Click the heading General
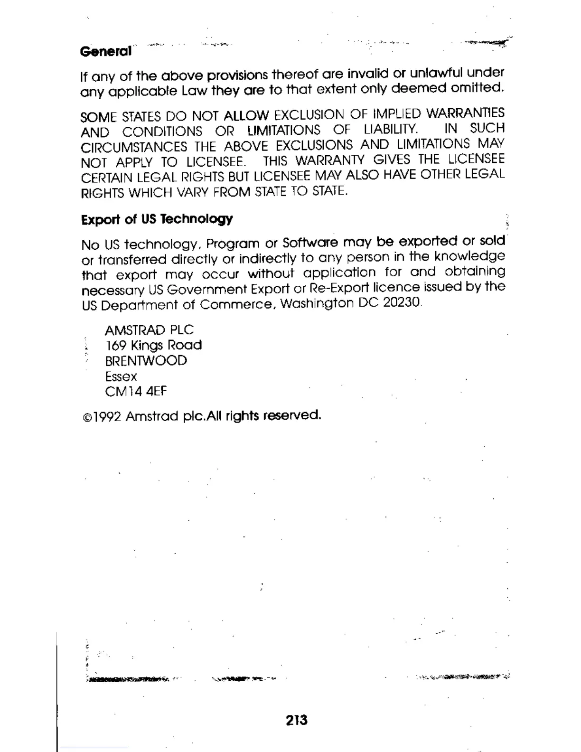coord(105,51)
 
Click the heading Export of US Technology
coord(157,219)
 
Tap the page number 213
coord(297,720)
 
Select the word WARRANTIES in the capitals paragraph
coord(465,113)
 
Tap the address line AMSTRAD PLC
coord(149,330)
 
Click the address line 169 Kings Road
coord(153,345)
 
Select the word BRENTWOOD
coord(146,361)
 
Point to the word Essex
coord(121,376)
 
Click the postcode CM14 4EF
coord(136,392)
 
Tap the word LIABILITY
coord(391,129)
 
